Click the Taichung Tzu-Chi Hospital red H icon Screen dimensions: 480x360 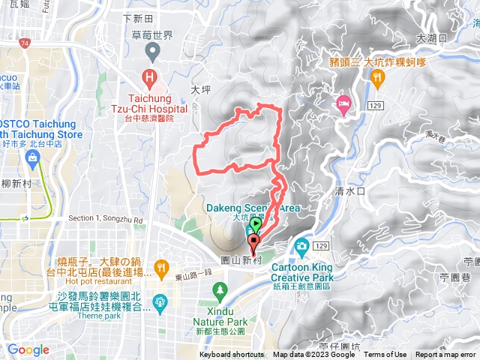click(150, 78)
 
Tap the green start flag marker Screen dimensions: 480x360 click(256, 223)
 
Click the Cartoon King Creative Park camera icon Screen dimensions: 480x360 click(301, 246)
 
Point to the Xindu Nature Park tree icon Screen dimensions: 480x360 click(220, 289)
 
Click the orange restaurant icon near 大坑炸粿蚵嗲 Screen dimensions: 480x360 click(378, 76)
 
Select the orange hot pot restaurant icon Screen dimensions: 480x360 click(160, 267)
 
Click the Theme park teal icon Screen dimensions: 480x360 click(159, 302)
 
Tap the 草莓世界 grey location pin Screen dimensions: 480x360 click(154, 52)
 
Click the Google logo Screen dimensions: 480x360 click(28, 349)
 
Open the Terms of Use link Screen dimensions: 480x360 click(385, 355)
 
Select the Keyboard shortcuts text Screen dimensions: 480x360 click(232, 355)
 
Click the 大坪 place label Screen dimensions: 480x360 click(200, 89)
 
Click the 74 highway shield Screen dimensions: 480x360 click(26, 44)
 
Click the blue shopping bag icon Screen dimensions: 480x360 click(32, 157)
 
